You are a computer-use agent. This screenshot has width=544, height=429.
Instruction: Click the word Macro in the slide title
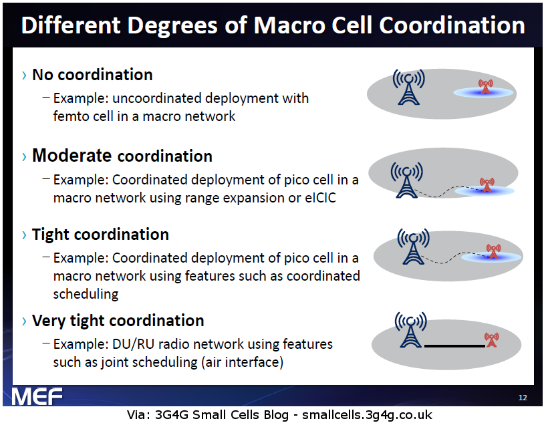pyautogui.click(x=287, y=25)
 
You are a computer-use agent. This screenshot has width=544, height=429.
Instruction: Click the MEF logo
pyautogui.click(x=37, y=397)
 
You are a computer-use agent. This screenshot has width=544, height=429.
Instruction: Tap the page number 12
pyautogui.click(x=523, y=398)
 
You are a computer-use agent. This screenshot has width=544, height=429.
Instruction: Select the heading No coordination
pyautogui.click(x=92, y=74)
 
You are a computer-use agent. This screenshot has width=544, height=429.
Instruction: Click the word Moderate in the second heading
pyautogui.click(x=72, y=156)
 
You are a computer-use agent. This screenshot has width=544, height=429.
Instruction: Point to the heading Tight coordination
pyautogui.click(x=100, y=235)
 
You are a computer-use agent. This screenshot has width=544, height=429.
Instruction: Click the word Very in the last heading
pyautogui.click(x=49, y=321)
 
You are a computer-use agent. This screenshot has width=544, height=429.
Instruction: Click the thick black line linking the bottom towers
pyautogui.click(x=454, y=346)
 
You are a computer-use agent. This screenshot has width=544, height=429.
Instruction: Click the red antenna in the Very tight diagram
pyautogui.click(x=492, y=339)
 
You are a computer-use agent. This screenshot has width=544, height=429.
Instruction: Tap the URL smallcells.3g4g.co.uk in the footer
pyautogui.click(x=368, y=415)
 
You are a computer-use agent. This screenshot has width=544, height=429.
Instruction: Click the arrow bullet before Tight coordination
pyautogui.click(x=24, y=235)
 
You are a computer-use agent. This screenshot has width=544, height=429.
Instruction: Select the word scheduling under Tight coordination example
pyautogui.click(x=86, y=294)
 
